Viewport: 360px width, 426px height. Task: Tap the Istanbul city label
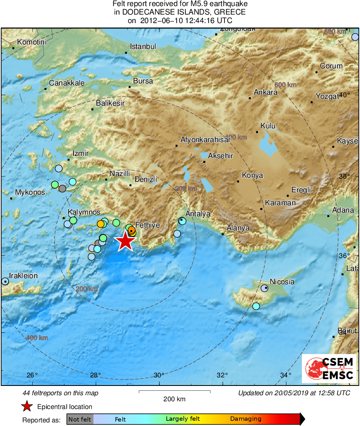tap(143, 47)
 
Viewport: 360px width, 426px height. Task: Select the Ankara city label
tap(265, 92)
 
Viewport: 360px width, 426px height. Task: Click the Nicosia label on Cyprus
tap(282, 282)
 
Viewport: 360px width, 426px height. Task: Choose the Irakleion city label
tap(24, 276)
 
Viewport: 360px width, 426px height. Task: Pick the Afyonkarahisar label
tap(205, 140)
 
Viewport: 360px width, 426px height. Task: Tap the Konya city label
tap(252, 175)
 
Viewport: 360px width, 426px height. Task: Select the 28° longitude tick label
tap(95, 375)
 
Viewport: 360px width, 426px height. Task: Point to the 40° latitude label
tap(344, 95)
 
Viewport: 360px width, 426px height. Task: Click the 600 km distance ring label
tap(286, 85)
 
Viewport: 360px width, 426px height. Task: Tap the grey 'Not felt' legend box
tap(80, 419)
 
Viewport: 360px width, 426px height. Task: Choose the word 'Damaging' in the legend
tap(246, 419)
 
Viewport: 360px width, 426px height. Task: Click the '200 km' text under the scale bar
tap(174, 399)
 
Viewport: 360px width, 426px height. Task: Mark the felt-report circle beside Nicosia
tap(265, 288)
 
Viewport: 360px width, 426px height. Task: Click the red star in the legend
tap(27, 406)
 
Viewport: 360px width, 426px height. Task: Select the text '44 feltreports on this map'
tap(60, 393)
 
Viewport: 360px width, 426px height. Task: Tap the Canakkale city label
tap(67, 83)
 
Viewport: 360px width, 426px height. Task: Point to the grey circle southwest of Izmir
tap(62, 188)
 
